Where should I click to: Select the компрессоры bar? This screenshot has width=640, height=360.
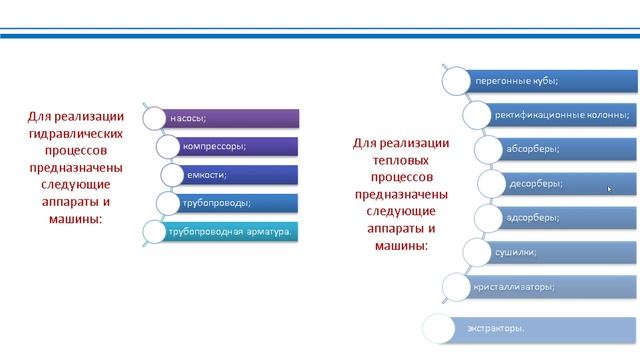click(x=235, y=147)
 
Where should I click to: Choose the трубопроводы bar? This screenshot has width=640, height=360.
click(x=235, y=204)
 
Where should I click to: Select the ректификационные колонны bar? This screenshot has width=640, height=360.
click(x=560, y=114)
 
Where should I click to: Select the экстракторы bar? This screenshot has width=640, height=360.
click(x=540, y=328)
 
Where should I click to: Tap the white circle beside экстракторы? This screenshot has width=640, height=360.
click(x=439, y=328)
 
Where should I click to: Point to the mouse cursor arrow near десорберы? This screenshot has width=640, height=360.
click(x=609, y=187)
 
